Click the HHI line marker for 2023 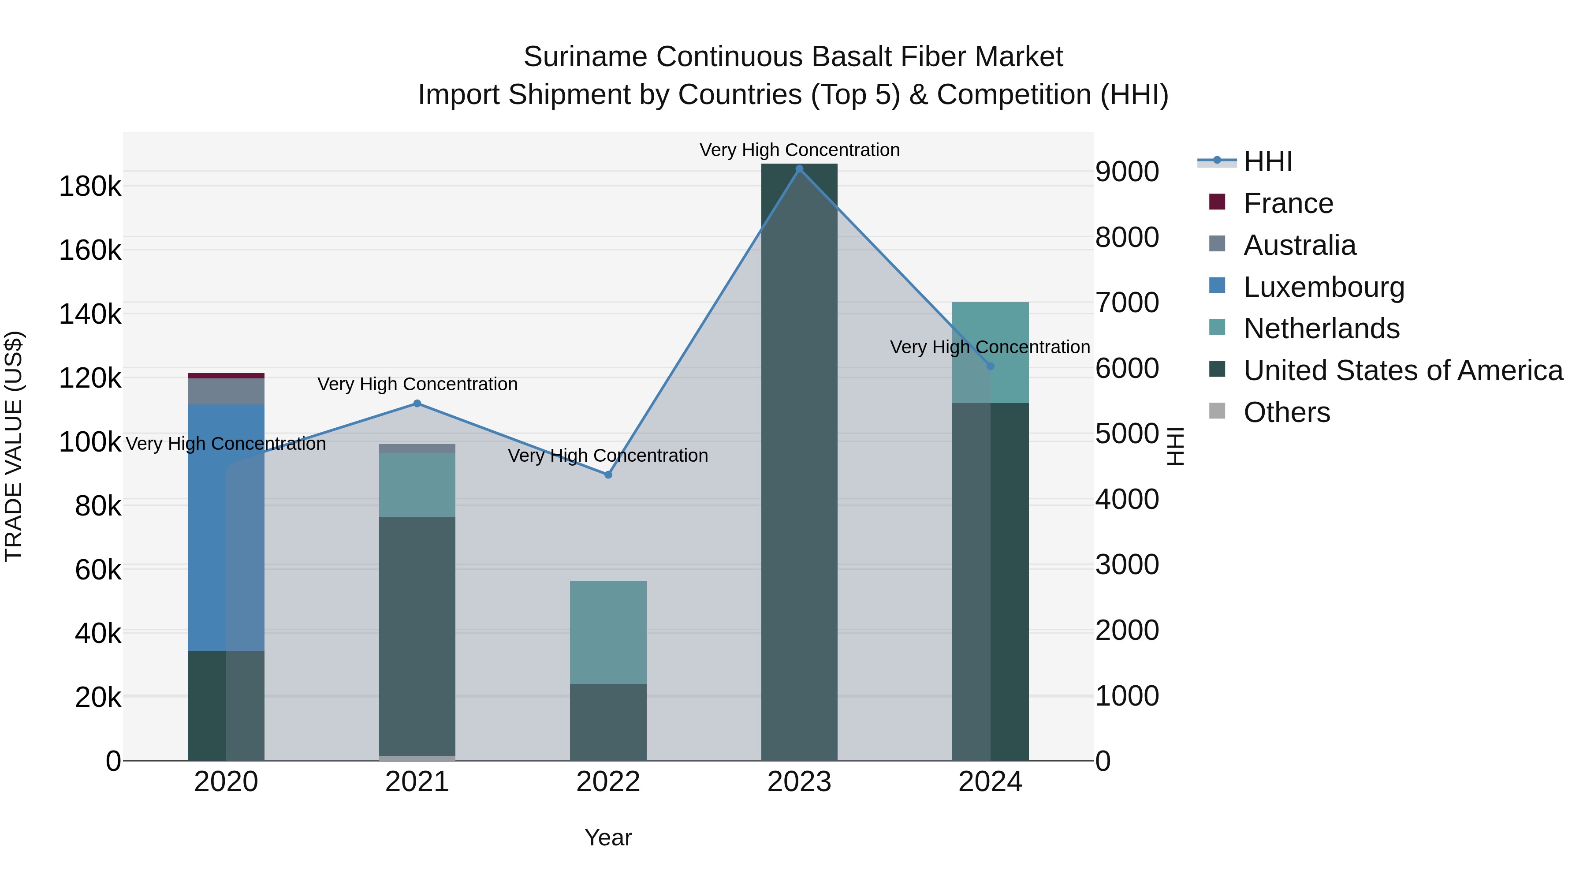click(x=799, y=169)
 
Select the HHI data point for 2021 click(x=417, y=404)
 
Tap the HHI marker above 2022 click(x=608, y=475)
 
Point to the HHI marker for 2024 click(x=990, y=366)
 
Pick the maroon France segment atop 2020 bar click(x=226, y=375)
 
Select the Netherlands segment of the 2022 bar click(x=608, y=631)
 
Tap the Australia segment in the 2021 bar click(x=417, y=448)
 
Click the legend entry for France click(x=1288, y=203)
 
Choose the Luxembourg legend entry click(x=1323, y=287)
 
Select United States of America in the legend click(x=1403, y=370)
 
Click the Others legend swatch click(x=1217, y=411)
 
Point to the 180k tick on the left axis click(x=90, y=186)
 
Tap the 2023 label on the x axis click(x=799, y=782)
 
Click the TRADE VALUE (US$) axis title click(x=14, y=446)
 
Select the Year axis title click(x=608, y=837)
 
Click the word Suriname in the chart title click(x=585, y=57)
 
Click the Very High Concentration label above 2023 click(x=799, y=150)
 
